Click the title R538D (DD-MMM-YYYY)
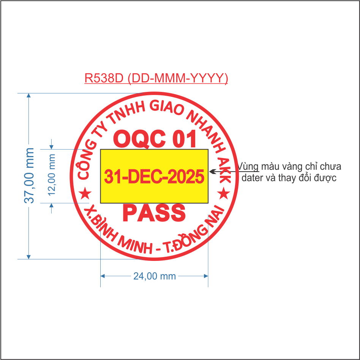tap(156, 78)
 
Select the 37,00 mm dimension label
tap(30, 175)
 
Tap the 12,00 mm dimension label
tap(52, 175)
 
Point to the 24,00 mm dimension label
tap(154, 276)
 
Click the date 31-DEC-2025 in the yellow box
tap(154, 177)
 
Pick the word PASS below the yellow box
tap(154, 213)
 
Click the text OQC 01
tap(155, 139)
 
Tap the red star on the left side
tap(86, 194)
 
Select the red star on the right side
tap(223, 194)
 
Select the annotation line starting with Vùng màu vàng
tap(290, 166)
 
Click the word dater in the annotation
tap(252, 178)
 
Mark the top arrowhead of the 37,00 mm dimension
tap(29, 96)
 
